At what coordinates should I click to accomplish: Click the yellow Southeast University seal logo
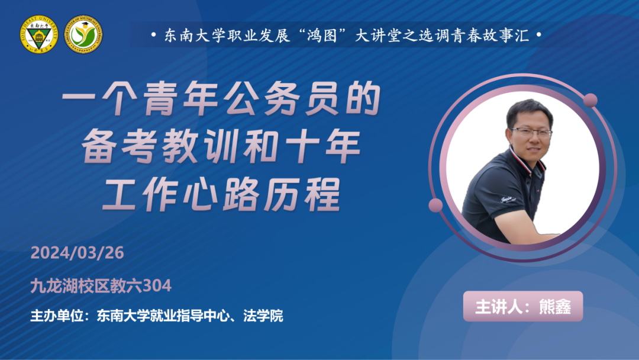[38, 34]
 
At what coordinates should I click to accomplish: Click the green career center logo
[83, 34]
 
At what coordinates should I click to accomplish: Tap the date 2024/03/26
[77, 253]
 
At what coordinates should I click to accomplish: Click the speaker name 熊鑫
[554, 307]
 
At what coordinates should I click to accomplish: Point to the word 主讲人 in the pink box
[498, 307]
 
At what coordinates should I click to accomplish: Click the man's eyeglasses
[531, 132]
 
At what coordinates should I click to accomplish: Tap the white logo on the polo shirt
[508, 200]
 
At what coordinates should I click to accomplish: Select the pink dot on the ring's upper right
[590, 100]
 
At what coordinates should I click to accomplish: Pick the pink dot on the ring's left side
[435, 205]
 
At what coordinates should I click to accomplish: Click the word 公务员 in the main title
[281, 99]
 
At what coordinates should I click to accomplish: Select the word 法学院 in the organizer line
[263, 316]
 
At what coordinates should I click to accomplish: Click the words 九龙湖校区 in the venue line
[70, 286]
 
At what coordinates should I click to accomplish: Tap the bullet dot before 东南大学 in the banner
[153, 35]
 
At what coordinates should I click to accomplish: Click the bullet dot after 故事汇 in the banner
[539, 35]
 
